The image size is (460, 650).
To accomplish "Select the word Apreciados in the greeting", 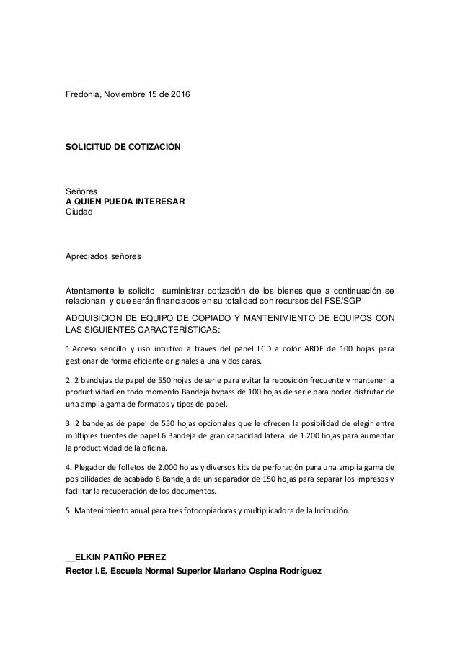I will pyautogui.click(x=90, y=256).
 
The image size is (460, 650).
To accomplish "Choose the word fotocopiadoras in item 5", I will pyautogui.click(x=213, y=511).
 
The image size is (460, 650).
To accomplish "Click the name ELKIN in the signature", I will pyautogui.click(x=88, y=556).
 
